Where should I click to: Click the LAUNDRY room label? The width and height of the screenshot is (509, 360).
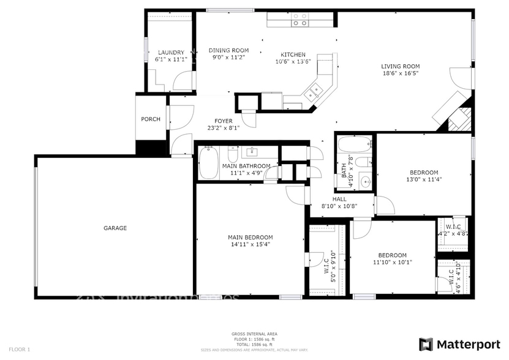pyautogui.click(x=171, y=53)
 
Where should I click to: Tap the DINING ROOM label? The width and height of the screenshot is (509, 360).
pyautogui.click(x=228, y=50)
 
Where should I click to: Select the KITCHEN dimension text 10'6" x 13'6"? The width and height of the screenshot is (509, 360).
pyautogui.click(x=293, y=61)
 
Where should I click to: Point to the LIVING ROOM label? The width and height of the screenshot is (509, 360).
pyautogui.click(x=400, y=66)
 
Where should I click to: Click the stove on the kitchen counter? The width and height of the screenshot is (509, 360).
pyautogui.click(x=300, y=20)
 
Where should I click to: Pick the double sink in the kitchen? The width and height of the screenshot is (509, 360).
pyautogui.click(x=314, y=92)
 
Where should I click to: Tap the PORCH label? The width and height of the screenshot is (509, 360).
pyautogui.click(x=151, y=119)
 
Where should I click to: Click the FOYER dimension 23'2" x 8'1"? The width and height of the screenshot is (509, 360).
pyautogui.click(x=223, y=128)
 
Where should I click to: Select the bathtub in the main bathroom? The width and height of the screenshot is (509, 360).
pyautogui.click(x=208, y=162)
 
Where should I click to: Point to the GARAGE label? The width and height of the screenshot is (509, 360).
pyautogui.click(x=115, y=228)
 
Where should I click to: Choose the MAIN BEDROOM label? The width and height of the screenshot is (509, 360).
pyautogui.click(x=250, y=237)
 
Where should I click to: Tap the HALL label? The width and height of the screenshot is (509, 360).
pyautogui.click(x=339, y=199)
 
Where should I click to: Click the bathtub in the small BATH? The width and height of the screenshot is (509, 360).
pyautogui.click(x=355, y=145)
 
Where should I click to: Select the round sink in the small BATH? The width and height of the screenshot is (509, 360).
pyautogui.click(x=365, y=182)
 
